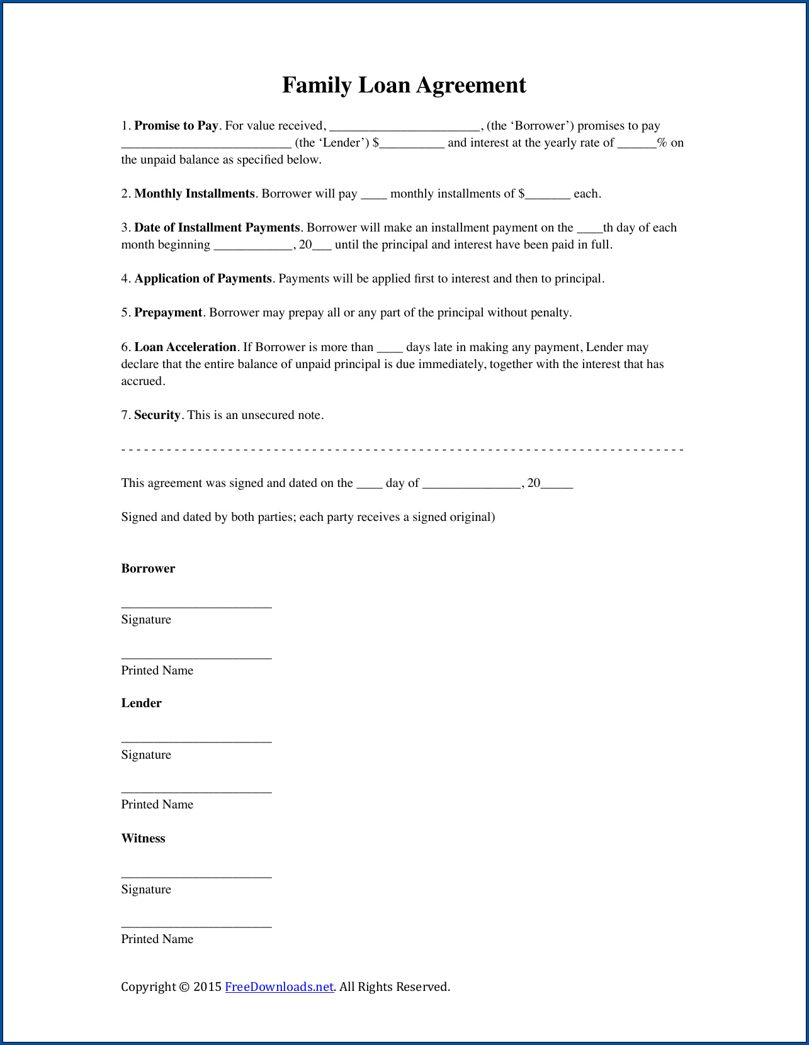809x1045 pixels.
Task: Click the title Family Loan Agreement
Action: tap(404, 85)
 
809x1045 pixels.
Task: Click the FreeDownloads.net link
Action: tap(279, 986)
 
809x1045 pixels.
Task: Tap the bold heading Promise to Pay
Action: tap(176, 126)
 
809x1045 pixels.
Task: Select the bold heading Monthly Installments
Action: tap(195, 194)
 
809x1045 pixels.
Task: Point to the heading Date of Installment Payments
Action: tap(217, 228)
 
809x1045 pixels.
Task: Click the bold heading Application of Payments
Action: tap(203, 279)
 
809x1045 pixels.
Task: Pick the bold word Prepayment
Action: tap(168, 313)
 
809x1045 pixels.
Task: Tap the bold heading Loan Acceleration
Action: tap(185, 347)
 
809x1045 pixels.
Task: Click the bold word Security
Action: tap(157, 415)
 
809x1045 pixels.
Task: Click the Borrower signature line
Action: tap(196, 605)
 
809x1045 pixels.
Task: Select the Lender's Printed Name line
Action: tap(196, 791)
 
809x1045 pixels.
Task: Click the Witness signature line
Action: tap(196, 875)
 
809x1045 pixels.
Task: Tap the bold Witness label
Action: tap(144, 839)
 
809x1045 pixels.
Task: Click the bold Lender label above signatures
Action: tap(142, 703)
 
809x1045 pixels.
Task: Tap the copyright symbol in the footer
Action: tap(184, 986)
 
